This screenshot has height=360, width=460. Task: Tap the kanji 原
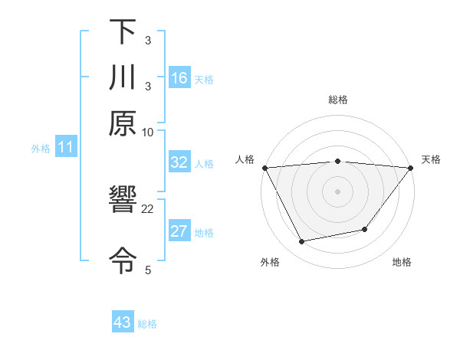123,123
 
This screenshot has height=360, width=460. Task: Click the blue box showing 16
179,77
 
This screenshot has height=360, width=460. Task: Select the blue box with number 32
179,162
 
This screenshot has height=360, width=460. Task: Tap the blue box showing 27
179,231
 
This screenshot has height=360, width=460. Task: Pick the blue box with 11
65,147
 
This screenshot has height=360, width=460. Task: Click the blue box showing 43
123,322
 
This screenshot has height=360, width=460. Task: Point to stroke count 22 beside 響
148,208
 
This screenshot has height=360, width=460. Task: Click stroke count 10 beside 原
148,132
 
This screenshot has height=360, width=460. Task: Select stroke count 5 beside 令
148,270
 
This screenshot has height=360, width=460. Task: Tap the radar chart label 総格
337,100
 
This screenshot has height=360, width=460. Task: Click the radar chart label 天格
431,159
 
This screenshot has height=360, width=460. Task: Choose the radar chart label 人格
245,159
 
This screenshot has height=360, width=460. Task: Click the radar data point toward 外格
301,242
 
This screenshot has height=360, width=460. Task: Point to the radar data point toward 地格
365,229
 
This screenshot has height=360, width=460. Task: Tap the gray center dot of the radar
337,191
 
